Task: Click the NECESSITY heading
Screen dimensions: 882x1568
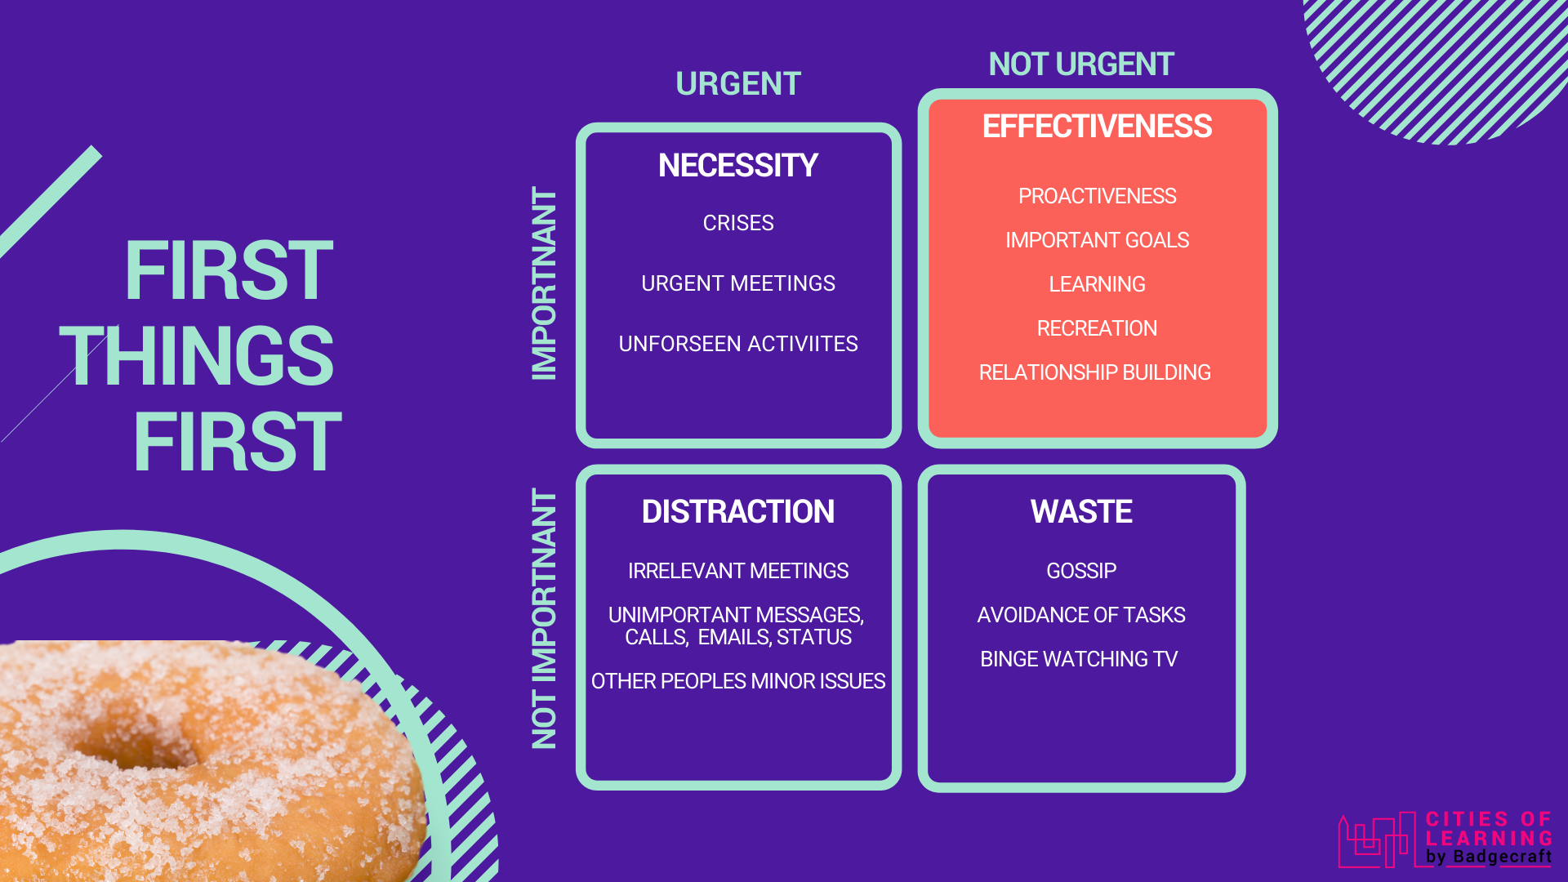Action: [737, 166]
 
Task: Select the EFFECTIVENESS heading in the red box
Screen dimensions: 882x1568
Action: [1097, 127]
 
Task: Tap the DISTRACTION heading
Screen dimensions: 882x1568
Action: [737, 512]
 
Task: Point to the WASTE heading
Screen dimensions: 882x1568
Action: [1080, 512]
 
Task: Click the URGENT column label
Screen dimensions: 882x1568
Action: [737, 84]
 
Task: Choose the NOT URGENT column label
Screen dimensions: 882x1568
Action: [1080, 65]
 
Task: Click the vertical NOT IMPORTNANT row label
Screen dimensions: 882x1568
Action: [544, 619]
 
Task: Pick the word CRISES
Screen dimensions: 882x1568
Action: [737, 223]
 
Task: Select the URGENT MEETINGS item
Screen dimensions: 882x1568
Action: [737, 283]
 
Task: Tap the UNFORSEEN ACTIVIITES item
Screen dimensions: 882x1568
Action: [737, 344]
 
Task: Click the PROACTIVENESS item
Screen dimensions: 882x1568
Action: [1097, 196]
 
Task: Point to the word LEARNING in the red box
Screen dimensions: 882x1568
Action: [1097, 284]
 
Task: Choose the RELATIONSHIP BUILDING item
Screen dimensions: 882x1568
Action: [1094, 372]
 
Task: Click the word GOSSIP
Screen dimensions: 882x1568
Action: [1080, 571]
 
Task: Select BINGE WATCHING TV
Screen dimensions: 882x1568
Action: [1078, 659]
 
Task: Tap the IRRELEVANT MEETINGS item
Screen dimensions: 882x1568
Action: [737, 571]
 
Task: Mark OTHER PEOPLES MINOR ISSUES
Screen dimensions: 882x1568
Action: [737, 681]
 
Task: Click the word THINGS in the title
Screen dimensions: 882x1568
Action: [197, 356]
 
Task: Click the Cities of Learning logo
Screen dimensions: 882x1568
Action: [1445, 840]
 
